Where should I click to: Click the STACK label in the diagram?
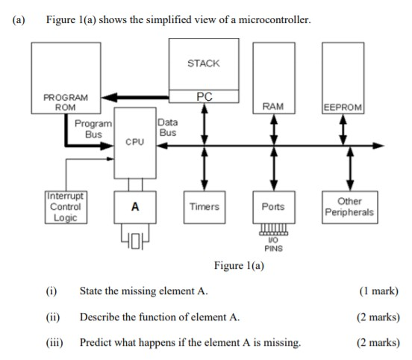pyautogui.click(x=203, y=63)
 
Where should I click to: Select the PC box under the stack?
pyautogui.click(x=204, y=96)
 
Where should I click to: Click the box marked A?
pyautogui.click(x=135, y=206)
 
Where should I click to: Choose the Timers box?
pyautogui.click(x=204, y=206)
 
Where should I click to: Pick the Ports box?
pyautogui.click(x=274, y=206)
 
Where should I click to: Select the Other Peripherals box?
pyautogui.click(x=349, y=207)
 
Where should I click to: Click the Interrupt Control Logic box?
pyautogui.click(x=65, y=207)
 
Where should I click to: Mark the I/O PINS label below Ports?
pyautogui.click(x=274, y=244)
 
